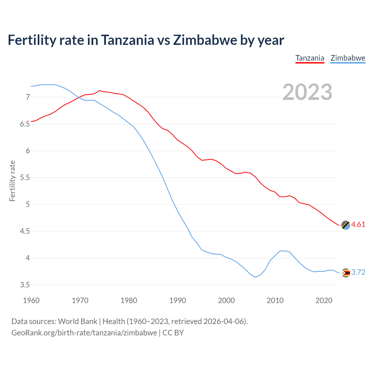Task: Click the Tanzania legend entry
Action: [310, 58]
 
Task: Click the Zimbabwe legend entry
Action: [348, 58]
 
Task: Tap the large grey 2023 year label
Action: [307, 92]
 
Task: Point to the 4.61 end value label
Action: [358, 224]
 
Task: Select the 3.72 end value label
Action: [358, 272]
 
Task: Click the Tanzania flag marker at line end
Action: [346, 225]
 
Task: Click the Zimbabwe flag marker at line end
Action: [346, 273]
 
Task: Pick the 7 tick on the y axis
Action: [28, 97]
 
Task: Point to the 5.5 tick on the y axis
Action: [25, 177]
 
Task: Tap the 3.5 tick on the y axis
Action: [25, 285]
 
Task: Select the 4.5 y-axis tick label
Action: [25, 231]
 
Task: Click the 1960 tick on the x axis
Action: [31, 300]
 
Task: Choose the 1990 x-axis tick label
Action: [177, 300]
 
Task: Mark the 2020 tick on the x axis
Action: [324, 300]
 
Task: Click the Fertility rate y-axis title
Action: [12, 181]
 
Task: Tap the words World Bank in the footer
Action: [78, 321]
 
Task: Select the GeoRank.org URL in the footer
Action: [84, 333]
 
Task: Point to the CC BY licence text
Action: [173, 333]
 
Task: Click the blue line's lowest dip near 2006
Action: [256, 277]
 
